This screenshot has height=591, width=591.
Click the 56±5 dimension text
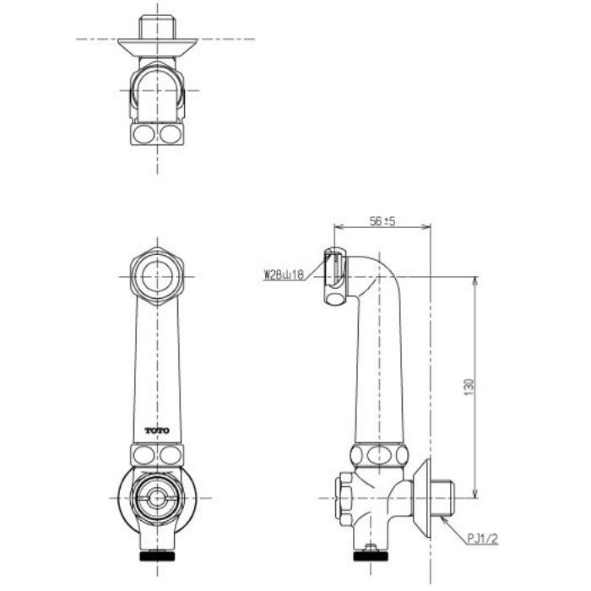tap(383, 221)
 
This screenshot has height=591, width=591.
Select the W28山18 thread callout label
tap(284, 274)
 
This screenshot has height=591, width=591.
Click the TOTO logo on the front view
tap(157, 431)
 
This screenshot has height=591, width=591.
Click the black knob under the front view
tap(157, 557)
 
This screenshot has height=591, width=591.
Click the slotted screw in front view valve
tap(157, 498)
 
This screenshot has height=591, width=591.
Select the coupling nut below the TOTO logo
tap(157, 455)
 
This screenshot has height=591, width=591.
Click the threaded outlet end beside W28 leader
tap(335, 275)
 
